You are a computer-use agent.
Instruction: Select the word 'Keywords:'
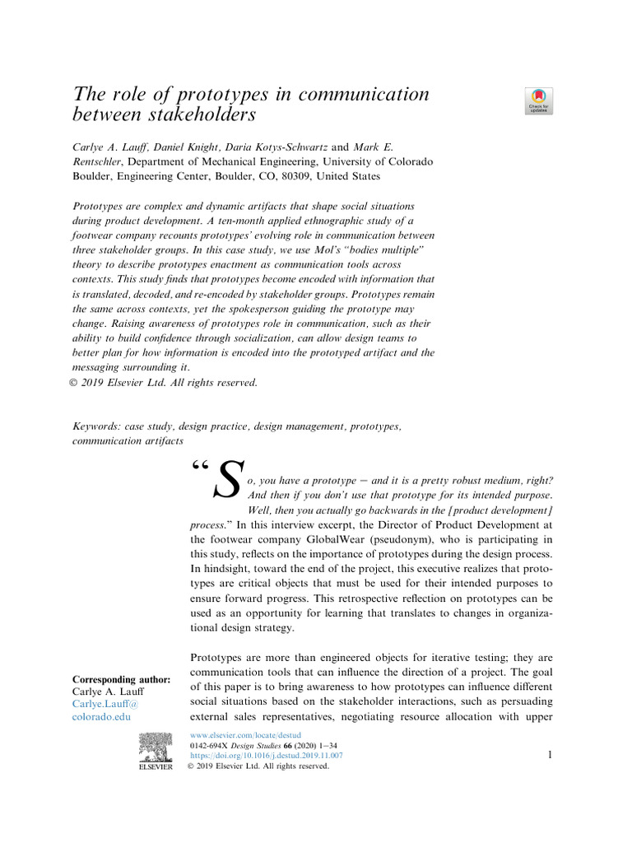96,426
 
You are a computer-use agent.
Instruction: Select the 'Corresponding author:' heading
122,679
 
